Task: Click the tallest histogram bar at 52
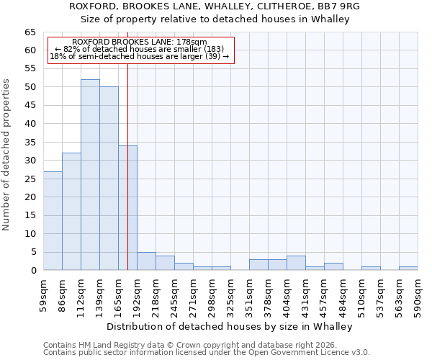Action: point(90,174)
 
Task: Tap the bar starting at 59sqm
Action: point(53,220)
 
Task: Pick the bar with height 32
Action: point(71,211)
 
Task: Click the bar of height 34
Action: point(127,207)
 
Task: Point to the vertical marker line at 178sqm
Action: point(127,108)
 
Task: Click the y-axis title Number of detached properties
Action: point(7,154)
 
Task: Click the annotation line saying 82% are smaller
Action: point(140,49)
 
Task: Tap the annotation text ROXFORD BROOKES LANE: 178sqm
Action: point(140,42)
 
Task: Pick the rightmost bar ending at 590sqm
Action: point(408,269)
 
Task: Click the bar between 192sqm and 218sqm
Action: point(146,261)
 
